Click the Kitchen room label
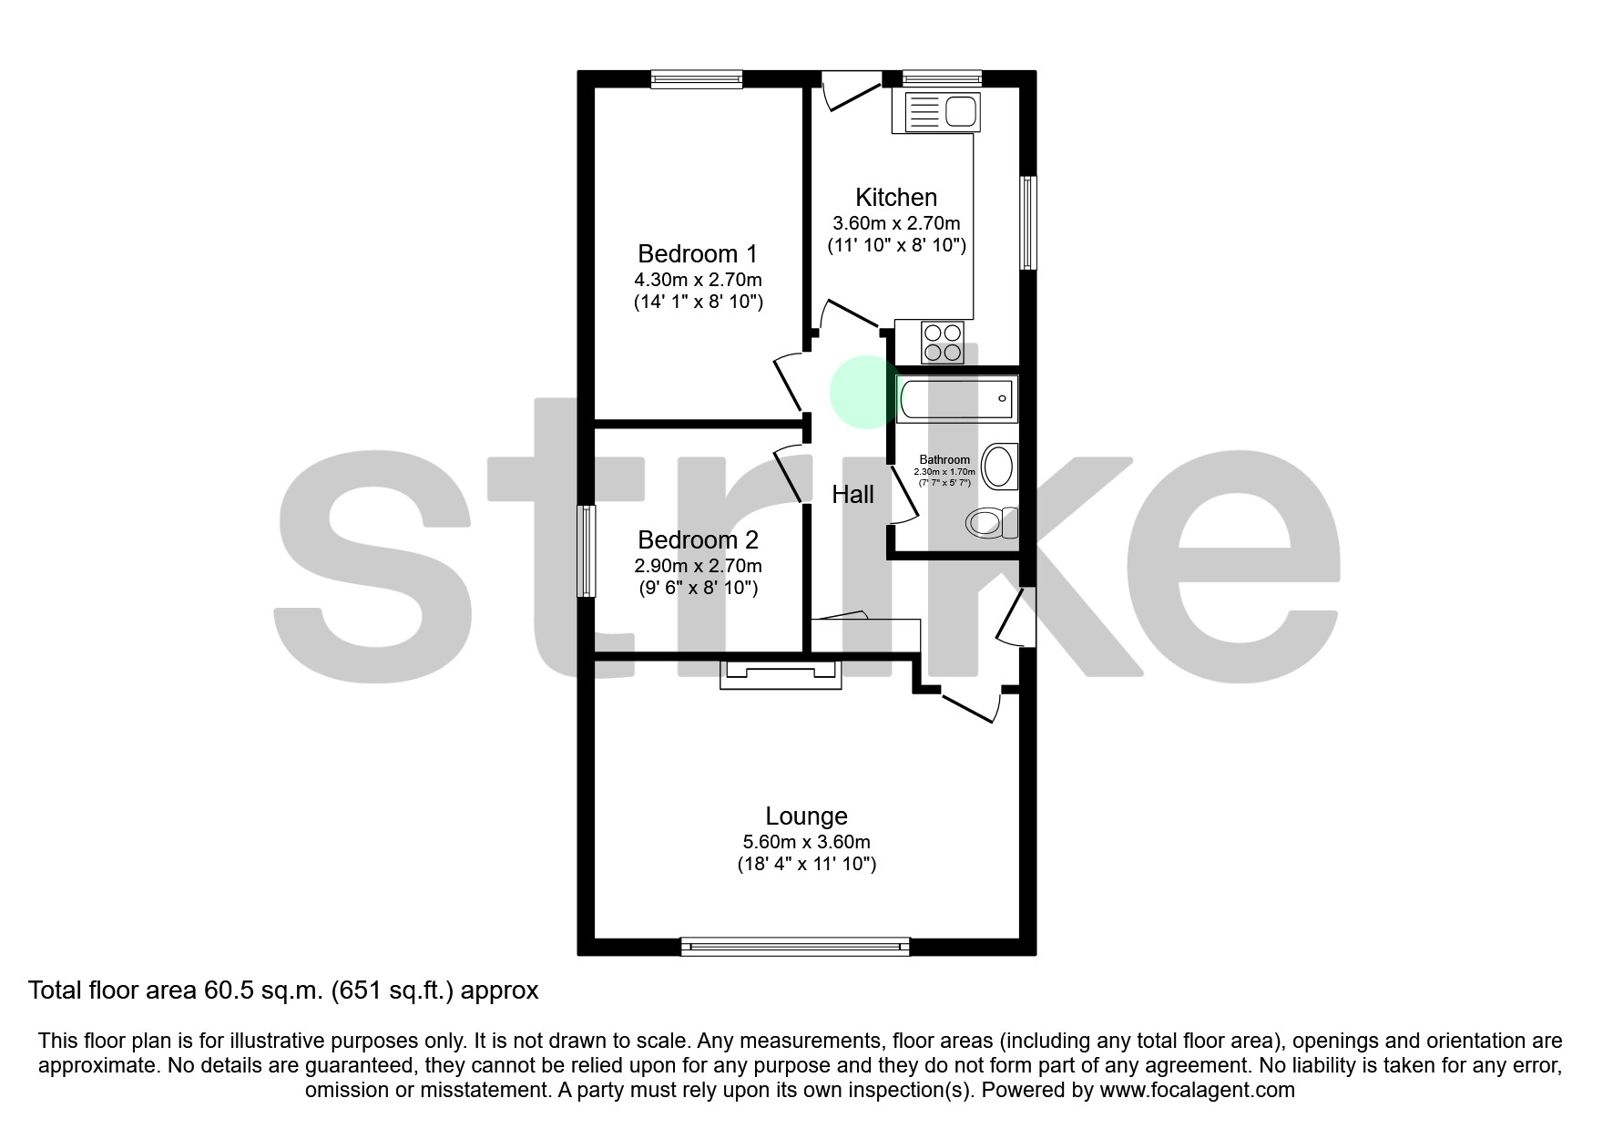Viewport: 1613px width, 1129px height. click(895, 197)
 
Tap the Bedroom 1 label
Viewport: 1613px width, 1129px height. click(698, 253)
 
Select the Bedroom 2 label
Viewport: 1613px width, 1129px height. click(698, 539)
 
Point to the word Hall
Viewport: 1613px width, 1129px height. click(852, 494)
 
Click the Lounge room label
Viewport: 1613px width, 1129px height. click(806, 816)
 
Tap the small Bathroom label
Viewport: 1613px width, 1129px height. click(944, 459)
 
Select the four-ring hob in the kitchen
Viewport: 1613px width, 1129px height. click(943, 343)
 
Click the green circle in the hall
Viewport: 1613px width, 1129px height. click(863, 392)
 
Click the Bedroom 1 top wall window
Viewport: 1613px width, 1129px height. click(697, 79)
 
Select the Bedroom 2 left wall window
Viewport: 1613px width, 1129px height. click(587, 551)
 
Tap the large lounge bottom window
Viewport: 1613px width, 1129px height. click(795, 947)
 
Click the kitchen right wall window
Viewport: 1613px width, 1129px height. click(1027, 223)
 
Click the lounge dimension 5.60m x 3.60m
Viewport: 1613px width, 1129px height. click(806, 842)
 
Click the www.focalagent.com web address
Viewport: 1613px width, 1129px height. click(1197, 1090)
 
